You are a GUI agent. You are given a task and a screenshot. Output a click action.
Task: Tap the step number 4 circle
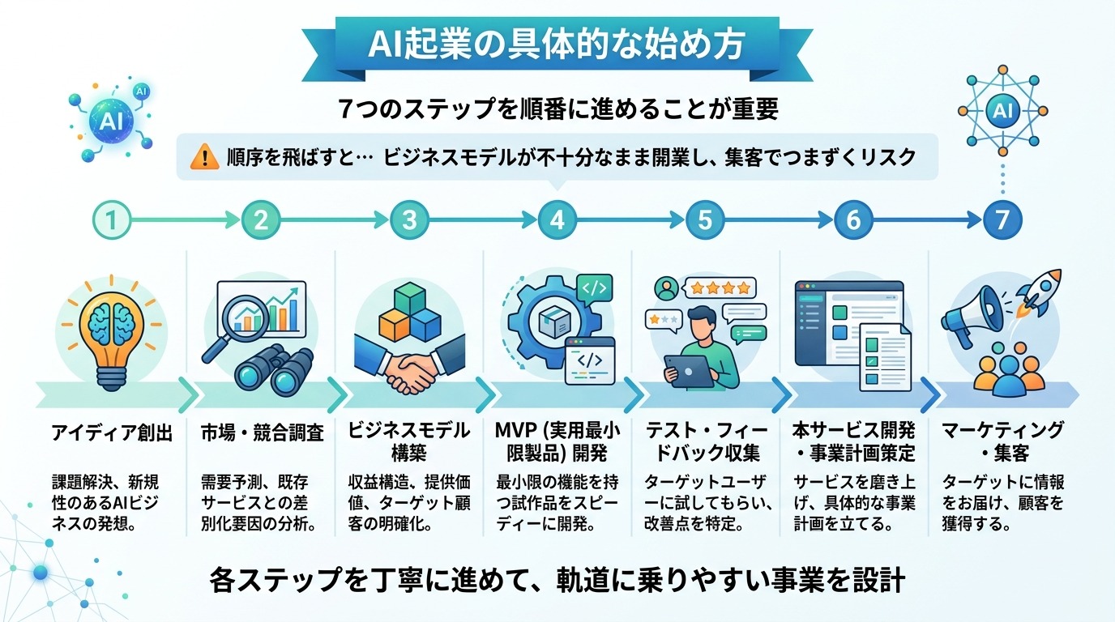(557, 219)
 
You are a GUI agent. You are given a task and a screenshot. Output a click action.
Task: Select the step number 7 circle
(1002, 219)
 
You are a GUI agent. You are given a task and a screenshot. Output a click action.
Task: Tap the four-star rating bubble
(718, 287)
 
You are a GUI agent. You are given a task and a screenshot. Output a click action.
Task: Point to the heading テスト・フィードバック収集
(705, 442)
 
